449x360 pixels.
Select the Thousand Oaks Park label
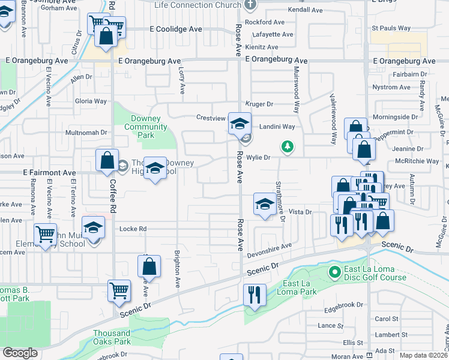pos(112,337)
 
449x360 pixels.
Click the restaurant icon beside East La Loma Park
pos(255,295)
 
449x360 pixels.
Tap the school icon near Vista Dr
pos(264,204)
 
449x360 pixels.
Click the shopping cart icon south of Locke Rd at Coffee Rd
pos(119,292)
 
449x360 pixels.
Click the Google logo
pos(20,353)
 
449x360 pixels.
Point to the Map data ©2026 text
pos(424,355)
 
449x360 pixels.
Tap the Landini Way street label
pos(277,127)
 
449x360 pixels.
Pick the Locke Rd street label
pos(133,229)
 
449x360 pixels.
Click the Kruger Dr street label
pos(259,104)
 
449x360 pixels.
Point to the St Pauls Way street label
pos(391,28)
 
